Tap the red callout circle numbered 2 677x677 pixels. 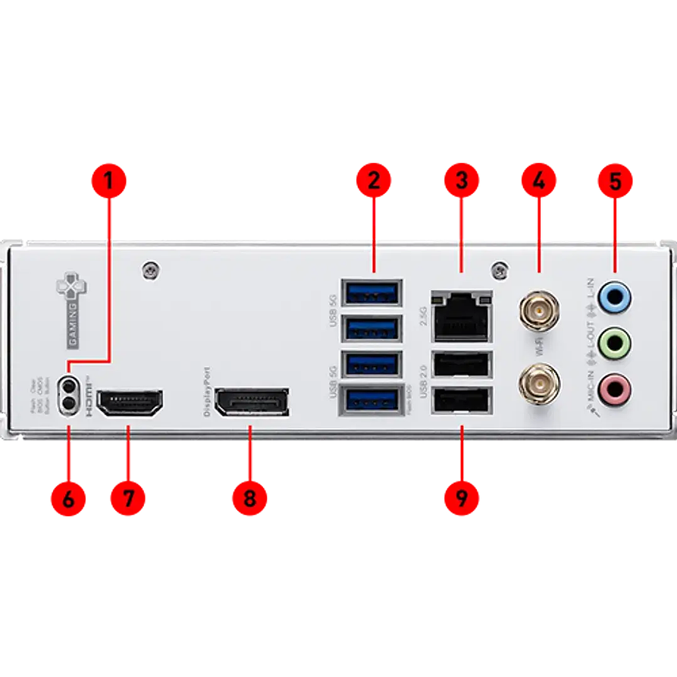point(373,181)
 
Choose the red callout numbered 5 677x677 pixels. point(615,181)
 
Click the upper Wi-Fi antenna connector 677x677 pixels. point(538,309)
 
